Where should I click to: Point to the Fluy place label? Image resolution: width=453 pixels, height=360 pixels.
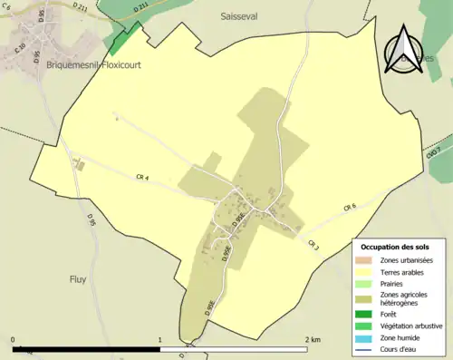coord(77,279)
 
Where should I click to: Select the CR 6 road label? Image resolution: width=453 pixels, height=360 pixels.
coord(350,209)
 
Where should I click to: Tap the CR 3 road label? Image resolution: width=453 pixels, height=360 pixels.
coord(313,245)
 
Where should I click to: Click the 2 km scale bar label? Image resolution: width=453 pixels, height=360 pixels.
coord(313,340)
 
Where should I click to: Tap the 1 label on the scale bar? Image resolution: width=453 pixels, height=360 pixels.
coord(159,340)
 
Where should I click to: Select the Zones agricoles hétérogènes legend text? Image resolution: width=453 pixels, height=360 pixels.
coord(405,299)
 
